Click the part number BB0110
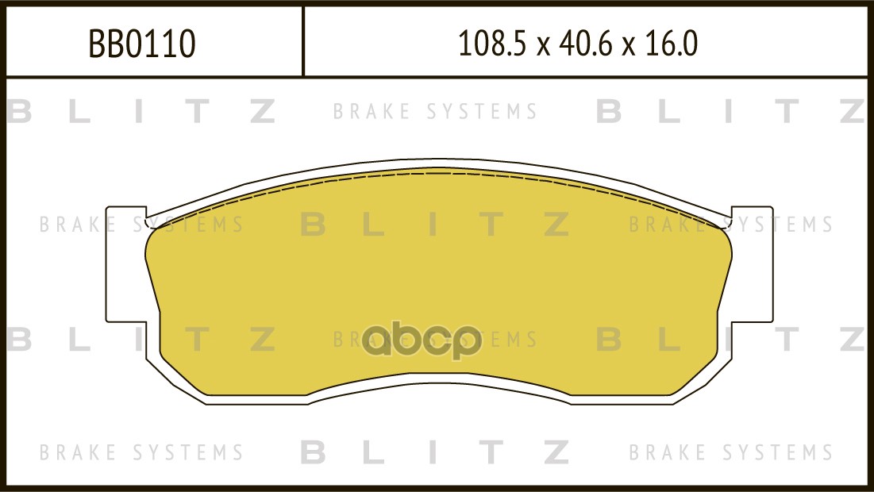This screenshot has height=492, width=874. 142,44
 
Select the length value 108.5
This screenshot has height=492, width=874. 491,44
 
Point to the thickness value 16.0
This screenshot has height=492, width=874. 671,44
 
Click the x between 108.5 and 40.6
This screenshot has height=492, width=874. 542,47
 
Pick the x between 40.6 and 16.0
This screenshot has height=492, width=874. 629,47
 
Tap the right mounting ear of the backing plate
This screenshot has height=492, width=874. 752,265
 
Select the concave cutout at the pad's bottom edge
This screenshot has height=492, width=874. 439,384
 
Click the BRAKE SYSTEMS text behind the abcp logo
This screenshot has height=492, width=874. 435,340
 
